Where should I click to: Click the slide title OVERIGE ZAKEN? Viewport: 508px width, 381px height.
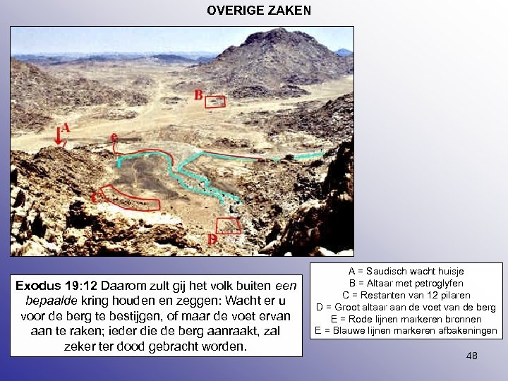[x=258, y=11]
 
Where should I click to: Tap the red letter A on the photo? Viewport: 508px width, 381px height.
[x=66, y=128]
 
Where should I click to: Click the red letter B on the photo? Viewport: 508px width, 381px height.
[x=198, y=95]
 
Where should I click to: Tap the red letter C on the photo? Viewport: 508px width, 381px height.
[x=95, y=198]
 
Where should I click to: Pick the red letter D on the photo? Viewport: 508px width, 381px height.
[x=212, y=239]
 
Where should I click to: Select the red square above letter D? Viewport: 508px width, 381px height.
[x=227, y=226]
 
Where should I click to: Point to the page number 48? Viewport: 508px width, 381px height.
[x=471, y=356]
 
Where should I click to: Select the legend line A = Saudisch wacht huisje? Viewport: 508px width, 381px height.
[x=406, y=271]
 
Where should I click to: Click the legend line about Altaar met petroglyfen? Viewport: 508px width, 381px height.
[x=406, y=283]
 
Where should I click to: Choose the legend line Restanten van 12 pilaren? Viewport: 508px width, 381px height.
[x=406, y=295]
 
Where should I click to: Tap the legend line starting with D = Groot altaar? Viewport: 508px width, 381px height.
[x=406, y=307]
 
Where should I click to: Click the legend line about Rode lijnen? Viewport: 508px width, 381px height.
[x=406, y=319]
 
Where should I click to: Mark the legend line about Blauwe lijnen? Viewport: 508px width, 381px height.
[x=406, y=331]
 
